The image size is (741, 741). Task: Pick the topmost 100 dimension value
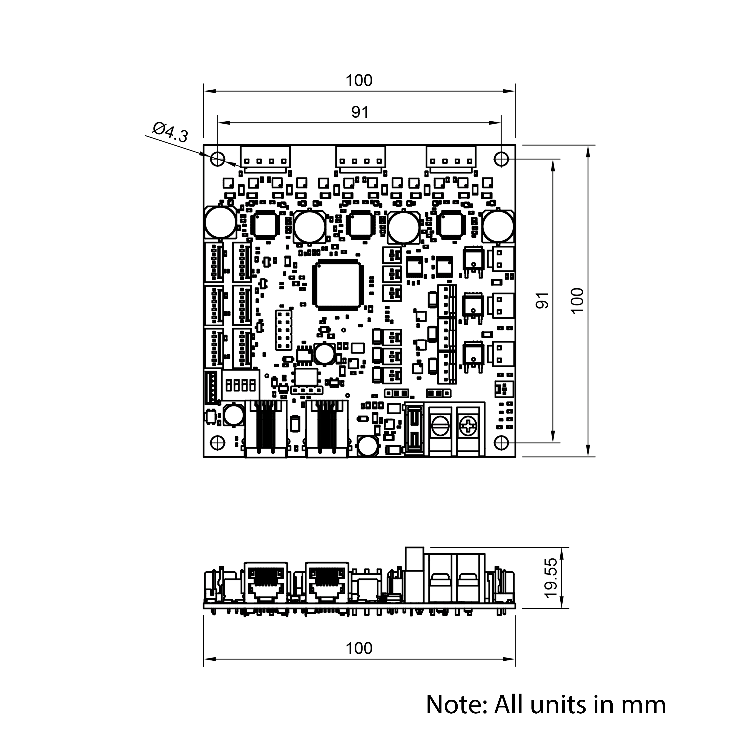click(359, 81)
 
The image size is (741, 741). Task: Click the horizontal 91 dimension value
click(360, 112)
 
